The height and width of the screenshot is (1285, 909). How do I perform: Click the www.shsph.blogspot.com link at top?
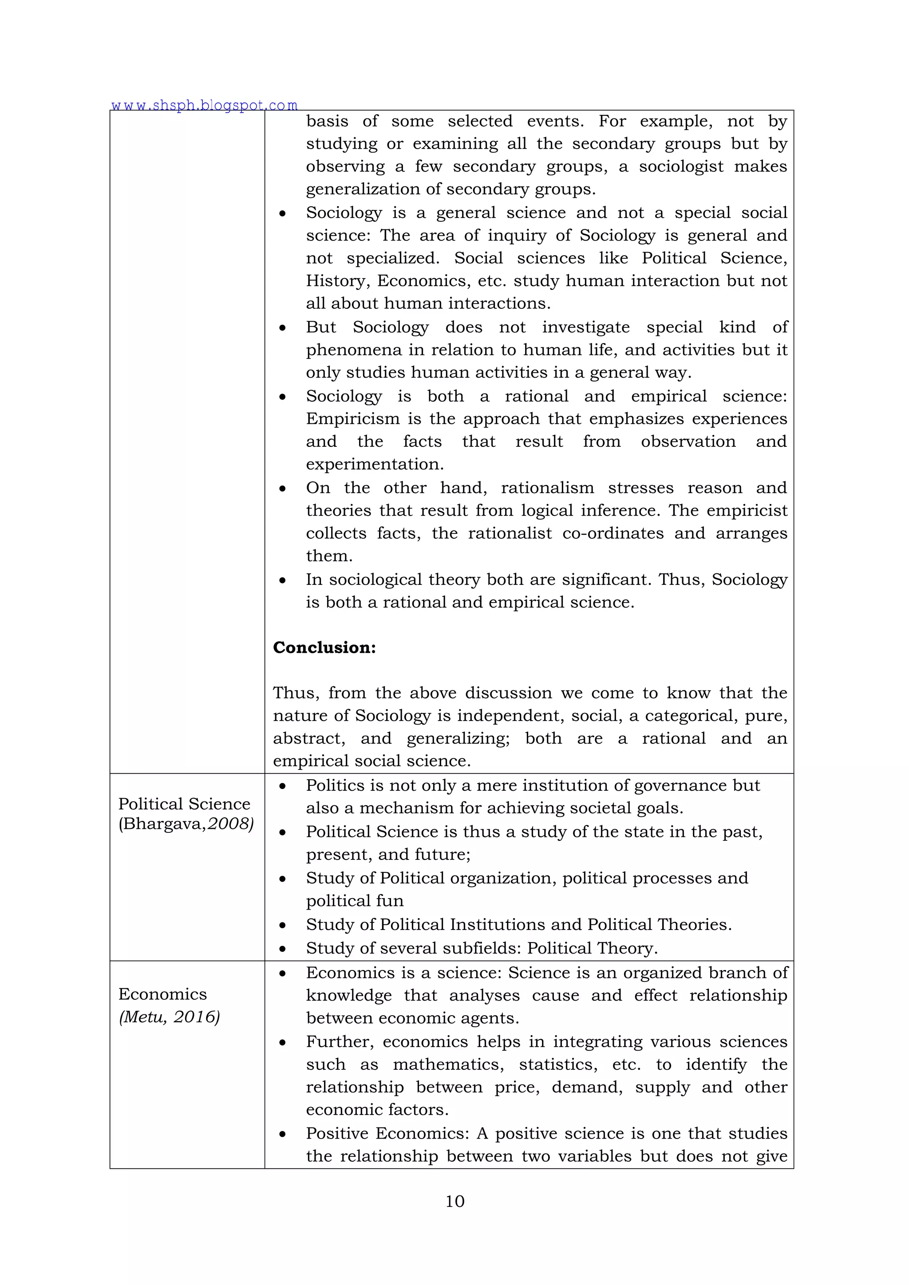pos(204,105)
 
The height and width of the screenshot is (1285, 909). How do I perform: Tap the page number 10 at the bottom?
pos(454,1201)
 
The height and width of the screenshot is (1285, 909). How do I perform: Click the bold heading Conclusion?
pos(324,647)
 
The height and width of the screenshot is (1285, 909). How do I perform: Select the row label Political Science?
pos(184,804)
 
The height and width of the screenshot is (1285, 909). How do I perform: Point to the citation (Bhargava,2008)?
pos(186,824)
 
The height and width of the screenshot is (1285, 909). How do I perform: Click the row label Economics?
pos(162,994)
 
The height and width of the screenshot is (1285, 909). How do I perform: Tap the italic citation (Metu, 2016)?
pos(169,1017)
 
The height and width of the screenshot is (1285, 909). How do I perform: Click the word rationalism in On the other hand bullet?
pos(547,488)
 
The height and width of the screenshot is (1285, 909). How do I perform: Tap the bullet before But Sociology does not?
pos(283,328)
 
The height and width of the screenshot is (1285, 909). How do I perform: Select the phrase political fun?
pos(354,900)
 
